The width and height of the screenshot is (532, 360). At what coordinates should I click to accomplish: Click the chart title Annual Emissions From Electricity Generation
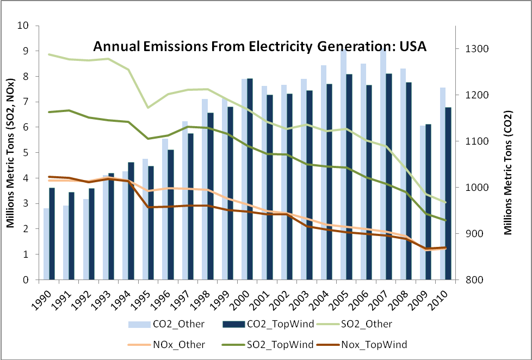(x=260, y=46)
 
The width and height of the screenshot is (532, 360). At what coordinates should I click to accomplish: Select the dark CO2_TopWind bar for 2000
(x=250, y=179)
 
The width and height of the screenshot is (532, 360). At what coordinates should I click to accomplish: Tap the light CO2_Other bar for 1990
(x=47, y=244)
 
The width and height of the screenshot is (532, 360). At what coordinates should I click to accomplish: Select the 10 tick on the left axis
(x=24, y=26)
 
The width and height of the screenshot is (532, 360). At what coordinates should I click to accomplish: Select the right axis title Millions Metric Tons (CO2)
(x=508, y=152)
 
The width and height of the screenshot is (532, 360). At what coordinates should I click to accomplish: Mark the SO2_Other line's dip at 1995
(x=148, y=107)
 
